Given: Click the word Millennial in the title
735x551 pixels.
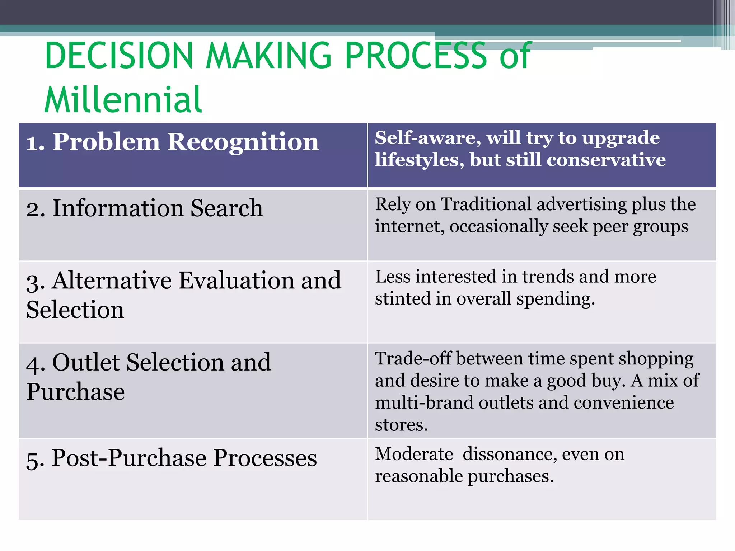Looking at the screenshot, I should tap(123, 100).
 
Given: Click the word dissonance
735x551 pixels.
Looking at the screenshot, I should tap(510, 455).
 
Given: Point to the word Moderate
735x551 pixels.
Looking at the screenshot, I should tap(414, 455).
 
